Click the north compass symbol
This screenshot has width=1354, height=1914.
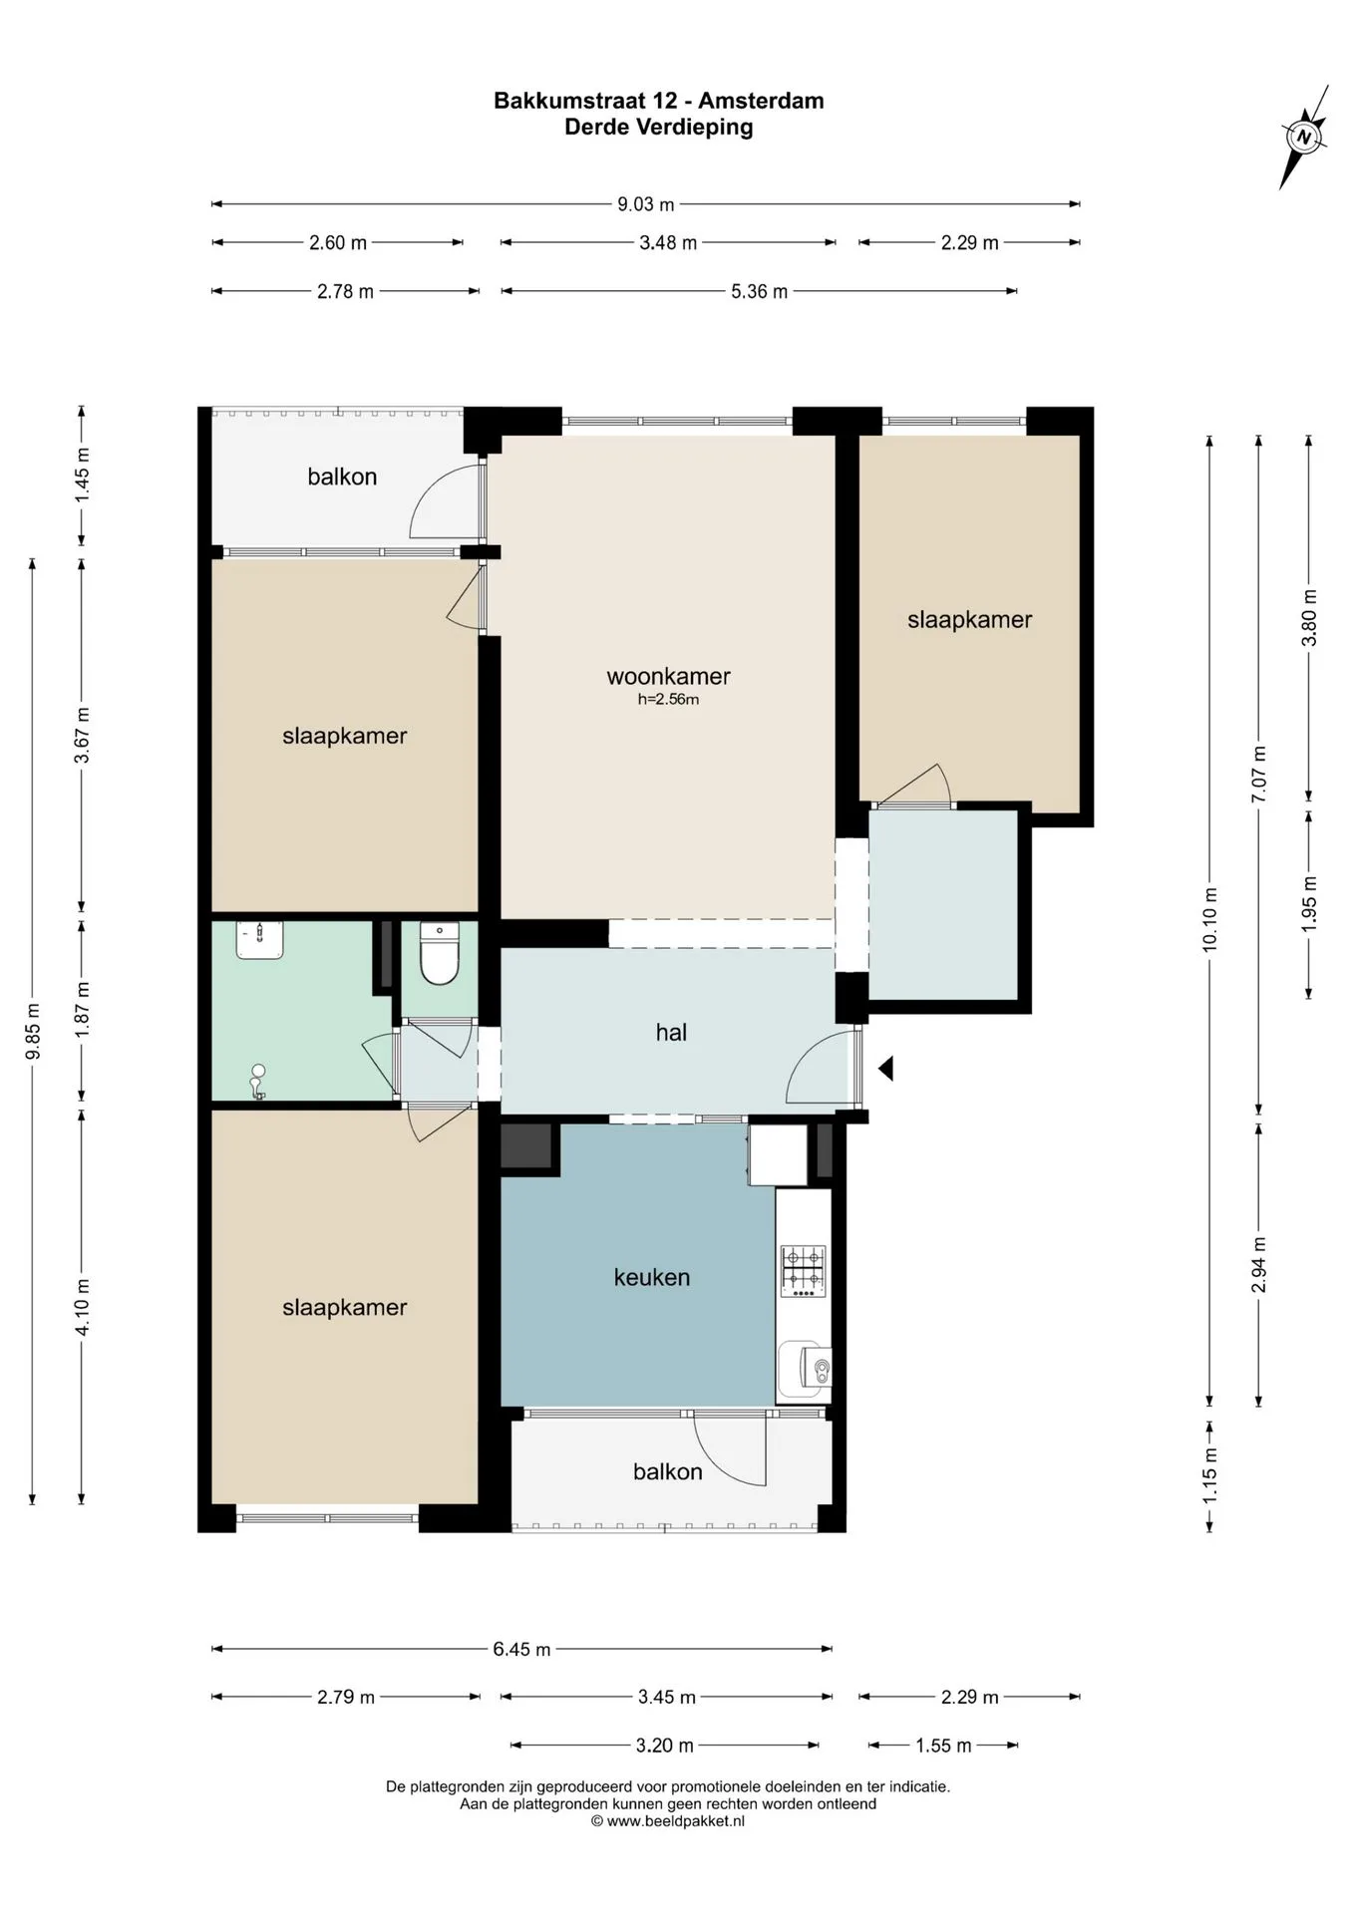1304,137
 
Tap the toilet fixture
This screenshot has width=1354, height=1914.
439,954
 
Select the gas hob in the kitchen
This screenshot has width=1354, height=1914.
803,1271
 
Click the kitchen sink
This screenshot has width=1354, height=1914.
804,1369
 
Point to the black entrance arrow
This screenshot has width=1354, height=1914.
885,1069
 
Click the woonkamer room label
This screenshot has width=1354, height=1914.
668,676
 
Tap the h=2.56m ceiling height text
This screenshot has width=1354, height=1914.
668,700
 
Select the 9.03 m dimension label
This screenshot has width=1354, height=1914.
646,204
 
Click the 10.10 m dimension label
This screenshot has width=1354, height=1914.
1210,919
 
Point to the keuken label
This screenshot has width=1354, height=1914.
652,1277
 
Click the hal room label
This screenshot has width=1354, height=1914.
671,1033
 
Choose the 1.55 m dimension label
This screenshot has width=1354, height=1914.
943,1746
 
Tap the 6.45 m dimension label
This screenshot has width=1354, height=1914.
521,1650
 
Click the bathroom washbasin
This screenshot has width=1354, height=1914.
259,940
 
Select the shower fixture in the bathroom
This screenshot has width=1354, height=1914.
258,1082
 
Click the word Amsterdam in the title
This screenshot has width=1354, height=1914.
761,101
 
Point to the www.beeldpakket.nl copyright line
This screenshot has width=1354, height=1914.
668,1821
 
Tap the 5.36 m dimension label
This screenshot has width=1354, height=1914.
759,291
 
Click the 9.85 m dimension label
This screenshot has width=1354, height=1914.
34,1031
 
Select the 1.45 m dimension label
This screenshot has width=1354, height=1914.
83,476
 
